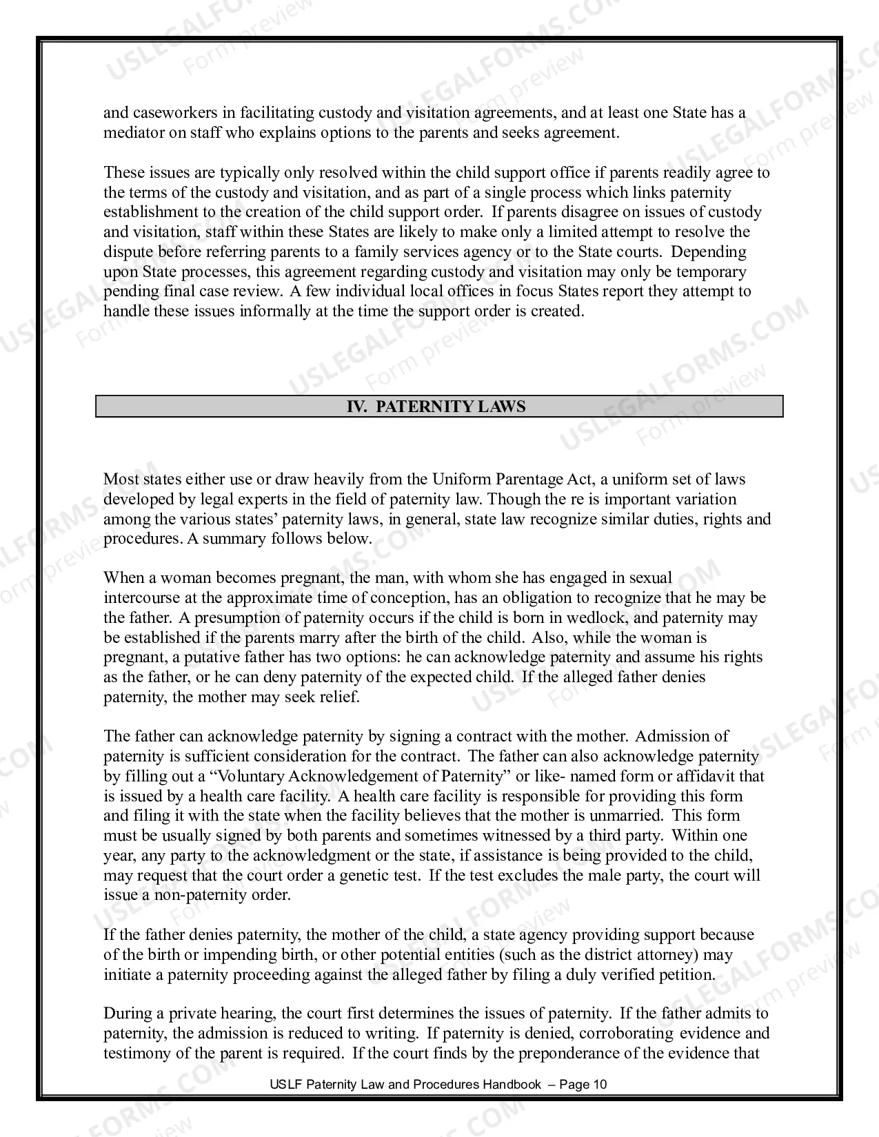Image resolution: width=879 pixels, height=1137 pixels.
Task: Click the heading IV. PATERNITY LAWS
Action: [x=436, y=407]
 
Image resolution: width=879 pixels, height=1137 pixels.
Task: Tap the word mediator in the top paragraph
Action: [x=134, y=132]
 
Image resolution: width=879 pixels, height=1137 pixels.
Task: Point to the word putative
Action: [x=210, y=657]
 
